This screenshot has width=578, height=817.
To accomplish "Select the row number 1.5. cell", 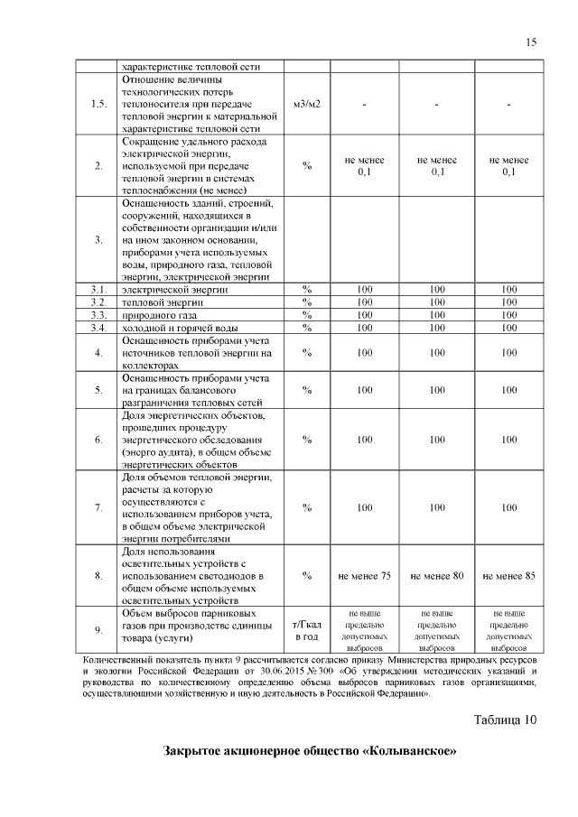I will click(98, 105).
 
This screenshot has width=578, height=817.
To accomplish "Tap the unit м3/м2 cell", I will click(307, 105).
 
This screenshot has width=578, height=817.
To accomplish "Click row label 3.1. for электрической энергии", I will click(98, 289).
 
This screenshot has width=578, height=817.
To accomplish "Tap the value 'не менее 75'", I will click(364, 575).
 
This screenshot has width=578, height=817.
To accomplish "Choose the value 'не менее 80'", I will click(436, 575).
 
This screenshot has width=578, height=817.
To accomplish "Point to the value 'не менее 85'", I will click(508, 575).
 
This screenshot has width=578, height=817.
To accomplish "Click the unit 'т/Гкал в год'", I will click(307, 631).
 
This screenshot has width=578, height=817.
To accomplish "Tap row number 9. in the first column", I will click(98, 631).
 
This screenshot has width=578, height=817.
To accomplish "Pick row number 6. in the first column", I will click(98, 439).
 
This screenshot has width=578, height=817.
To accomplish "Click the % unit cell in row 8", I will click(307, 575).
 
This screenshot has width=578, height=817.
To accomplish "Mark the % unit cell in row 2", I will click(307, 166).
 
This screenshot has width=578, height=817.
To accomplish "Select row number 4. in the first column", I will click(98, 353).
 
